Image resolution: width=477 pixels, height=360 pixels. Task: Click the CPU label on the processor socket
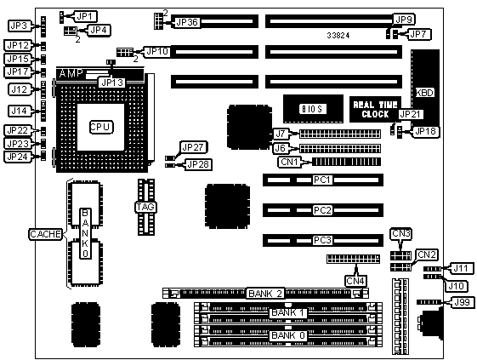[x=101, y=127]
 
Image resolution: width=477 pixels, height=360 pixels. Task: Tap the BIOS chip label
[x=313, y=109]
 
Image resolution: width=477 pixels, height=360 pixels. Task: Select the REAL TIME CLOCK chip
[x=375, y=109]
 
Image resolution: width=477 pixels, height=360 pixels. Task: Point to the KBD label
[x=424, y=93]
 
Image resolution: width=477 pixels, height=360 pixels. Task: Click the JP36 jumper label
[x=187, y=22]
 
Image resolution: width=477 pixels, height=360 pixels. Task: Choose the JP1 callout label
[x=84, y=16]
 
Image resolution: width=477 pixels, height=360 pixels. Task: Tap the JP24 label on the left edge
[x=18, y=157]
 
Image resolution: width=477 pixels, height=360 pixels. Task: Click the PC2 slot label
[x=322, y=210]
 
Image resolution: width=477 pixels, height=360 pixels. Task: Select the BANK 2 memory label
[x=265, y=294]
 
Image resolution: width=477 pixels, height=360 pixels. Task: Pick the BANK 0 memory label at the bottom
[x=287, y=335]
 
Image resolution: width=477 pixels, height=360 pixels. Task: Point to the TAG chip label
[x=146, y=207]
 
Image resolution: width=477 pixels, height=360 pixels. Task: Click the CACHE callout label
[x=46, y=234]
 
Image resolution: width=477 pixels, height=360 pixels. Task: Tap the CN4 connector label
[x=355, y=281]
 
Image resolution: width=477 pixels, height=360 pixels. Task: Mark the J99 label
[x=462, y=302]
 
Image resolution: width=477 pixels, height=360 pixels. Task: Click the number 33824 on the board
[x=338, y=36]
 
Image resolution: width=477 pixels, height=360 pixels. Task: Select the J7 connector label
[x=281, y=134]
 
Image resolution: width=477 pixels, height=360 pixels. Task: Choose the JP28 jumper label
[x=198, y=164]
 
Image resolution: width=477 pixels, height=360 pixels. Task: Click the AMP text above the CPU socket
[x=71, y=73]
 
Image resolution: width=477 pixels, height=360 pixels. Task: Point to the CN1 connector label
[x=289, y=162]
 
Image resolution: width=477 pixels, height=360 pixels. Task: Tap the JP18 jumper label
[x=425, y=132]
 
